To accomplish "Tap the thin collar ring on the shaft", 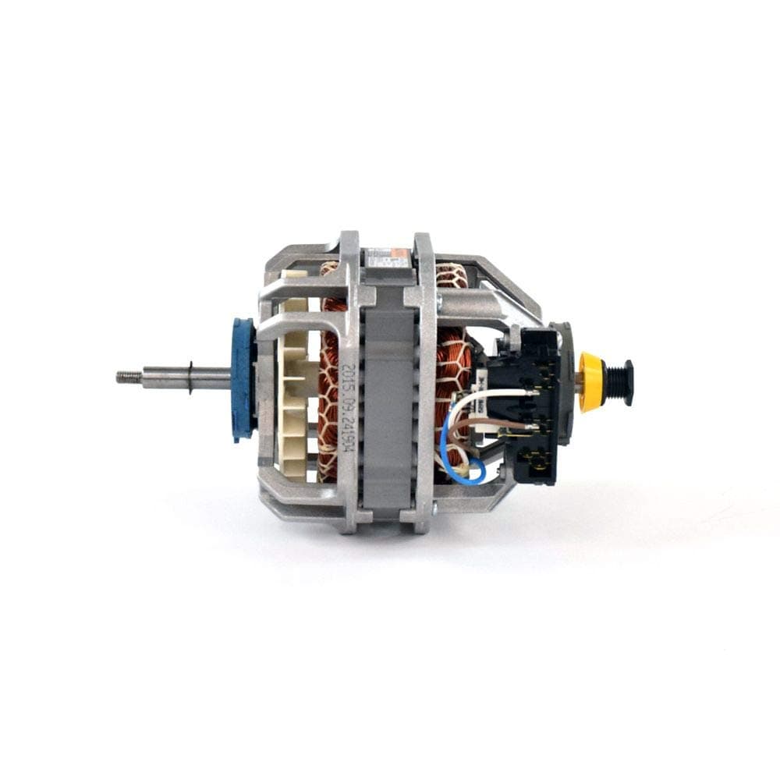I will tap(190, 378).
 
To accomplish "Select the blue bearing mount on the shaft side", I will tap(244, 379).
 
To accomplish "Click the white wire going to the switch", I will tap(499, 392).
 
